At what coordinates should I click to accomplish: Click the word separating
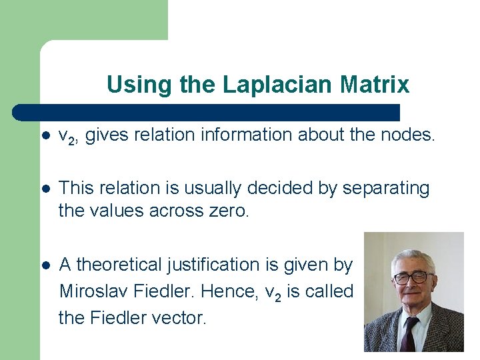[x=386, y=189]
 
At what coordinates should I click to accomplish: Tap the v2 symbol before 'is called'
[x=273, y=293]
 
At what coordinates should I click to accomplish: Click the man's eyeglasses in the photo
[x=413, y=277]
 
